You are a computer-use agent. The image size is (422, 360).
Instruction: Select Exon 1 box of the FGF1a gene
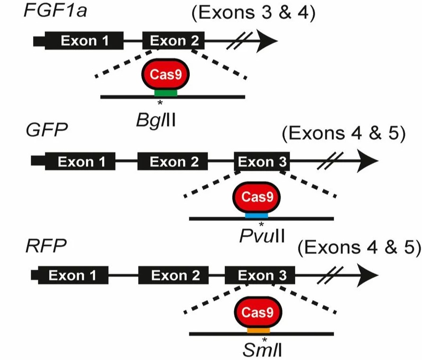click(x=84, y=41)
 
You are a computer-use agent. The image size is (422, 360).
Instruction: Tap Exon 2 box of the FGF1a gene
click(x=174, y=41)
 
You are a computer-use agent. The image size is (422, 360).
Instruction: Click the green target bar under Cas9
click(x=166, y=93)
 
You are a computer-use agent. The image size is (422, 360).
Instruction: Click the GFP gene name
click(x=47, y=130)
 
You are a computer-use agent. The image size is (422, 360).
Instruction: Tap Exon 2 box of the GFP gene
click(x=173, y=162)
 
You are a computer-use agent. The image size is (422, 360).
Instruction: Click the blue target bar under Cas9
click(x=257, y=215)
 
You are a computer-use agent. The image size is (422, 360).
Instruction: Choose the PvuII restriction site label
click(x=262, y=236)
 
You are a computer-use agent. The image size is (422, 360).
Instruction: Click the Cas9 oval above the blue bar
click(x=257, y=196)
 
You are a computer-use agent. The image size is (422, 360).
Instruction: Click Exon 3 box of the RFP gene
click(x=260, y=275)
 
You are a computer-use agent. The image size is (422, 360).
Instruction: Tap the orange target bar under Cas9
click(x=258, y=329)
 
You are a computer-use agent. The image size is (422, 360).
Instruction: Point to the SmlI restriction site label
click(x=262, y=351)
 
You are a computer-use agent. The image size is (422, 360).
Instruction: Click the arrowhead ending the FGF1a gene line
click(x=266, y=41)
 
